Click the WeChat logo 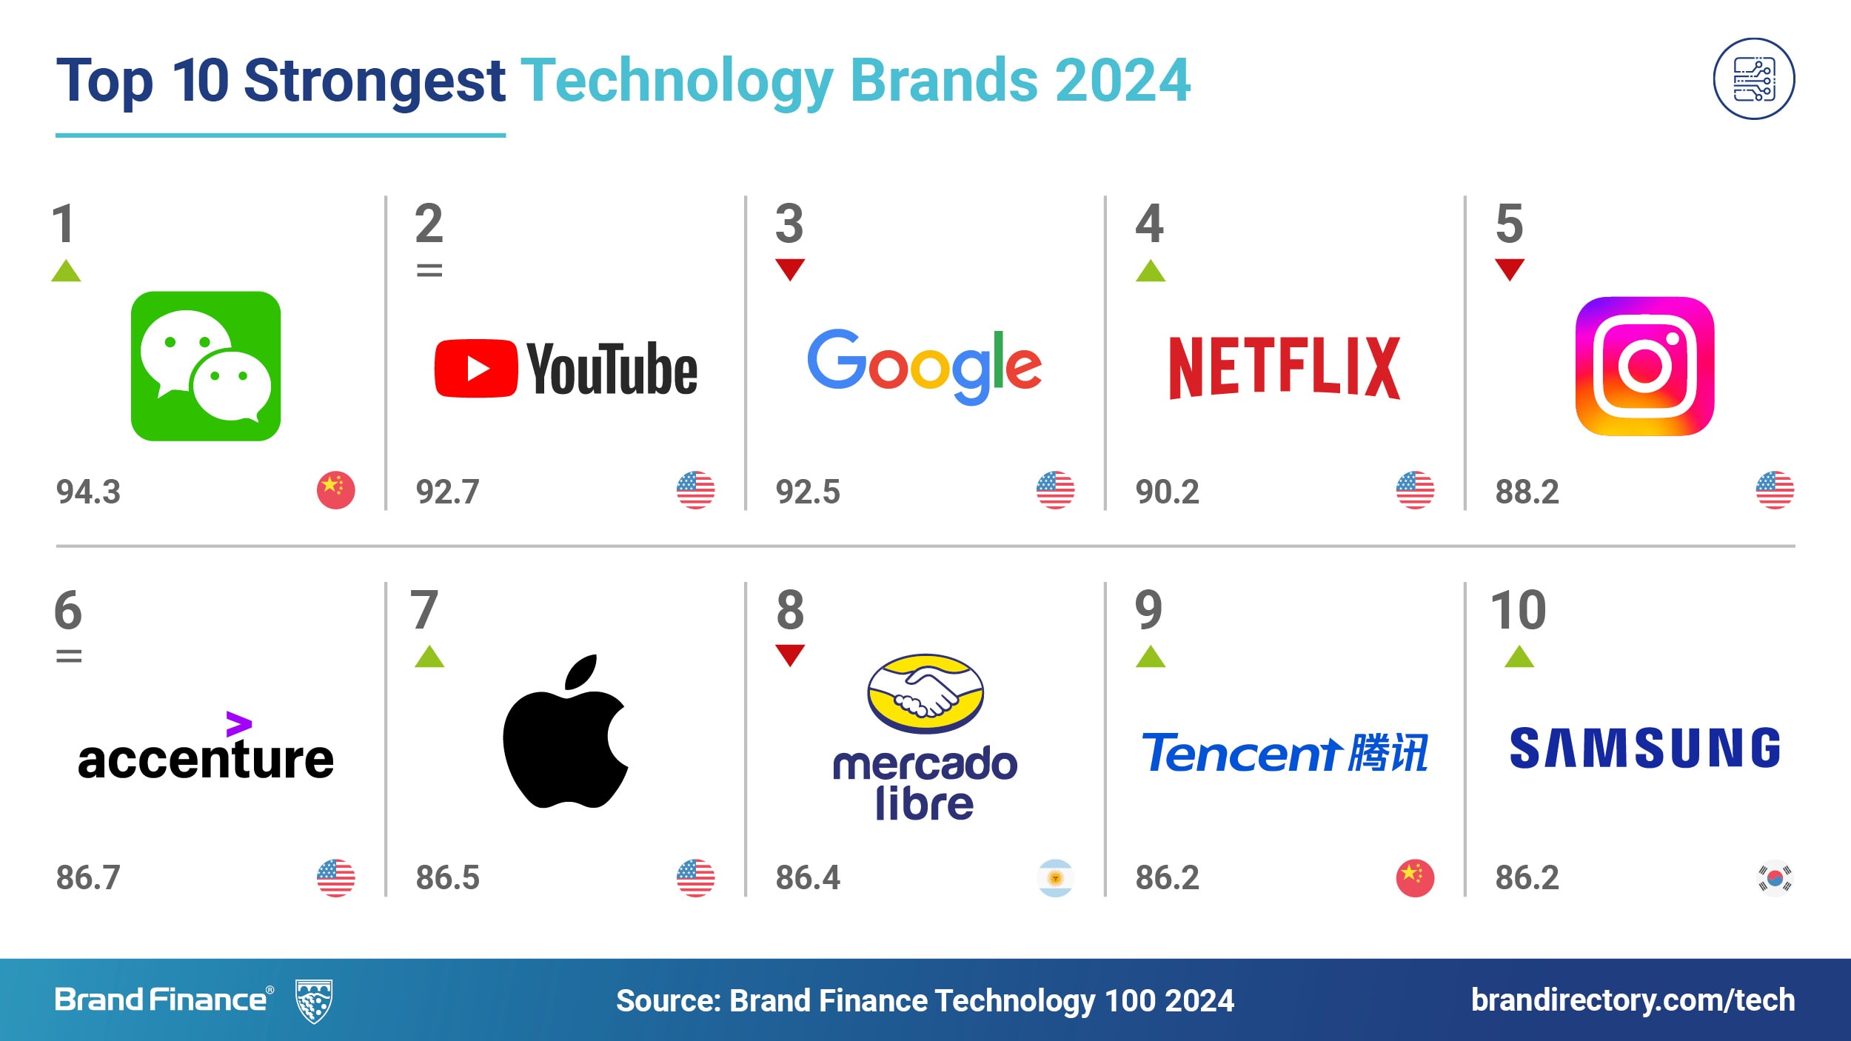pos(206,366)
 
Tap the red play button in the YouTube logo pos(476,369)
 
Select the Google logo pos(924,367)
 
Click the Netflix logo pos(1285,368)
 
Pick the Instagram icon pos(1644,366)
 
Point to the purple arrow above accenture pos(239,724)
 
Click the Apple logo pos(565,732)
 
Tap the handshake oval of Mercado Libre pos(925,693)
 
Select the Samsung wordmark pos(1644,748)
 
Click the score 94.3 pos(88,492)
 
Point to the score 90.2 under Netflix pos(1167,492)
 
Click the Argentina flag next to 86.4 pos(1055,878)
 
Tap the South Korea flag pos(1775,878)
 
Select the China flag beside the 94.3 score pos(335,490)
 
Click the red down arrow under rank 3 pos(790,270)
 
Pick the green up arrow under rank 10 pos(1519,656)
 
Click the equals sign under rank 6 pos(69,656)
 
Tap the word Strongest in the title pos(375,81)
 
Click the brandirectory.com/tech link pos(1633,1000)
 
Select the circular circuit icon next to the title pos(1753,78)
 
